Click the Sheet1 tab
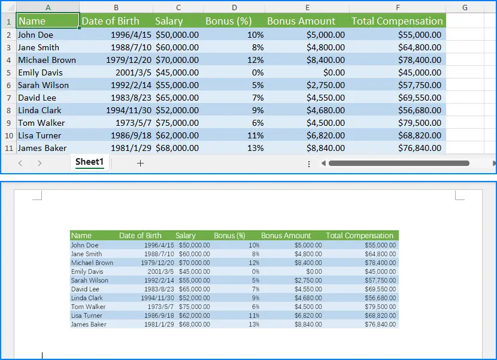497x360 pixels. point(90,162)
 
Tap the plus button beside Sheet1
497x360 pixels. point(141,163)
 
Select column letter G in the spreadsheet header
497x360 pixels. point(465,8)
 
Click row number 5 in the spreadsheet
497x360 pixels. point(8,72)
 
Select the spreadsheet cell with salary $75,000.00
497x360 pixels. point(177,123)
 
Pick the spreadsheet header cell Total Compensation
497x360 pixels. point(397,21)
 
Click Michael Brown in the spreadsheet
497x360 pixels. point(47,60)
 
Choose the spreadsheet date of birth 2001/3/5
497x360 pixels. point(132,72)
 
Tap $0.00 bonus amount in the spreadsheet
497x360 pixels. point(334,72)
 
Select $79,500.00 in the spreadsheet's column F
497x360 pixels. point(420,123)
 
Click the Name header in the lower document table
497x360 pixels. point(81,235)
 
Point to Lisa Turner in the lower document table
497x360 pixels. point(87,316)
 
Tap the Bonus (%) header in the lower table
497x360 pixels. point(229,235)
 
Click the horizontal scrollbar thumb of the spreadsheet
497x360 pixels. point(399,163)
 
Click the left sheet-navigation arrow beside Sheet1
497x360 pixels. point(20,163)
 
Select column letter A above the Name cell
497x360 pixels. point(48,8)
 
